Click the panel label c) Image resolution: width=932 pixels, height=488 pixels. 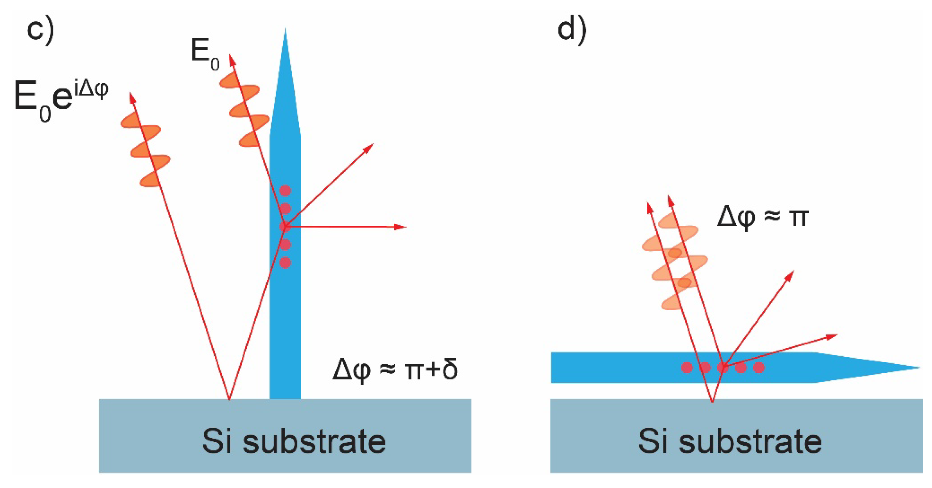click(40, 31)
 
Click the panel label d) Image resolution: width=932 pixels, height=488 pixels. click(572, 31)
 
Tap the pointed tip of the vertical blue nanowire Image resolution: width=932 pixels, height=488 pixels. click(285, 31)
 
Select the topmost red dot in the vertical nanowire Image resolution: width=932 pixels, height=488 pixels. click(285, 191)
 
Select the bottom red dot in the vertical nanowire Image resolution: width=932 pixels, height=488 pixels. click(285, 263)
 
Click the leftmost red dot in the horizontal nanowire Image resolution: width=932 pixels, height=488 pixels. click(687, 368)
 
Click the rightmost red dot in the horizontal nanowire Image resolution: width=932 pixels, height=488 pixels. click(759, 368)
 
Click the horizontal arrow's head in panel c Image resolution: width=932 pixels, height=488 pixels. click(402, 227)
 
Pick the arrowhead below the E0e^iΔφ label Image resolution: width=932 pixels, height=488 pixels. click(132, 97)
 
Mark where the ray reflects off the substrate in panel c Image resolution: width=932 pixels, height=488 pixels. click(229, 399)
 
